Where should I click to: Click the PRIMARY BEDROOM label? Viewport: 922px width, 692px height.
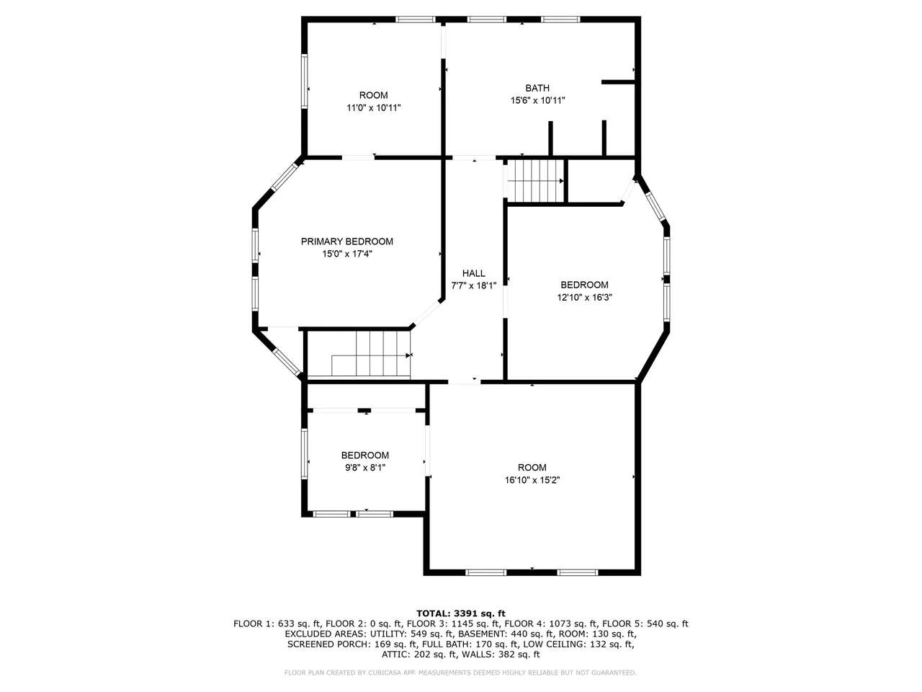[347, 241]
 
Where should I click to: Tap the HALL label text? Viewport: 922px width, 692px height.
[474, 273]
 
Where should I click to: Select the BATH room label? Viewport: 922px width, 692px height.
[537, 88]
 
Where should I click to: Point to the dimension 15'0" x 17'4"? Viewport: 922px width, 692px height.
[347, 254]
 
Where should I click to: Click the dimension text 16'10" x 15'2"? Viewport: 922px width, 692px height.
[532, 480]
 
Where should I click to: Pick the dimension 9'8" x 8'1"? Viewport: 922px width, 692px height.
[365, 467]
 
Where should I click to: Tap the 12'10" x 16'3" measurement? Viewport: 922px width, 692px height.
[584, 298]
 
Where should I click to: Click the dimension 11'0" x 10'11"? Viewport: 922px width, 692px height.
[373, 107]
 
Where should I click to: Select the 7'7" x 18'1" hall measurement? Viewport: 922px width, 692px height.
[474, 285]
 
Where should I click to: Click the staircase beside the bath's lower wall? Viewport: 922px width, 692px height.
[534, 181]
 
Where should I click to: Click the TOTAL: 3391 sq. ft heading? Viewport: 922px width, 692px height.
[461, 613]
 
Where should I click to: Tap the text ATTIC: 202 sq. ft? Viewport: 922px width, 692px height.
[419, 655]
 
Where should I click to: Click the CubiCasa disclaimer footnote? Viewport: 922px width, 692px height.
[460, 673]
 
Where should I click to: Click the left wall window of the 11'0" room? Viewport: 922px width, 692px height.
[305, 81]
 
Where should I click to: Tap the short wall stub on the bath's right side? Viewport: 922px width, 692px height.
[617, 82]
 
